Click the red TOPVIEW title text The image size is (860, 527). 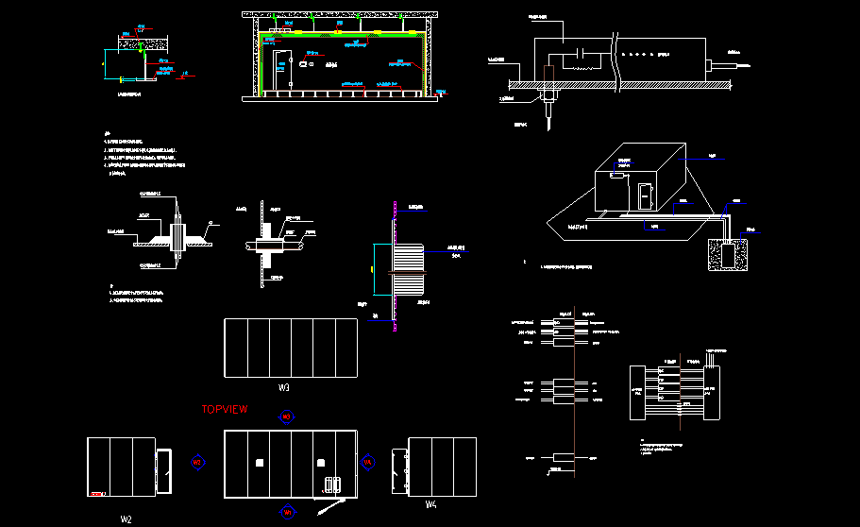(225, 410)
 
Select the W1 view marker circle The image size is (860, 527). (288, 512)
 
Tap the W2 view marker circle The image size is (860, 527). (197, 463)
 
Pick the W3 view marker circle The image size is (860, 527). (288, 416)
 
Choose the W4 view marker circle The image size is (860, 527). (368, 462)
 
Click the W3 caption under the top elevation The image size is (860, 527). (283, 388)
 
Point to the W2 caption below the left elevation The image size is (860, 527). (126, 518)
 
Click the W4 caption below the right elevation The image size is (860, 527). (431, 505)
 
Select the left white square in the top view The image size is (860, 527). (259, 462)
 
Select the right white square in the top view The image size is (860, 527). (321, 462)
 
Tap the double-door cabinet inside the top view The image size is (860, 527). (332, 485)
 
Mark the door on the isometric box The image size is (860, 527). (645, 196)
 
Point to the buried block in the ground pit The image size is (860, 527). (726, 253)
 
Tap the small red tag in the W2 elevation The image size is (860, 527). (95, 494)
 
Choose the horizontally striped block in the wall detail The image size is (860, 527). (411, 272)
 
